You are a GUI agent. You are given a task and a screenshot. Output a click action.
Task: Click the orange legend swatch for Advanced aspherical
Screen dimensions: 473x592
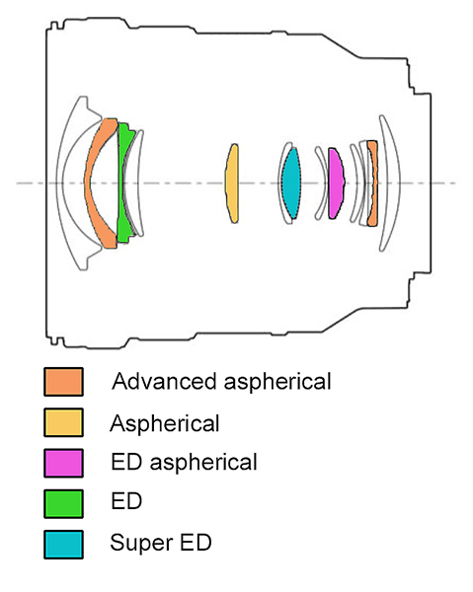(63, 382)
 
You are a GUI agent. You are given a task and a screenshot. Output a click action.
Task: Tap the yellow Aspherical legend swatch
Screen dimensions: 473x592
(63, 422)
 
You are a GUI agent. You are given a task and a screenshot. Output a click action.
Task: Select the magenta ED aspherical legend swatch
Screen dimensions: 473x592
(63, 463)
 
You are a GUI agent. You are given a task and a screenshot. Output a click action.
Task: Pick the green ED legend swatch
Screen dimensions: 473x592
(63, 503)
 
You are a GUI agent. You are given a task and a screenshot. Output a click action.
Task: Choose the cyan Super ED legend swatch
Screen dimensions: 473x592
(63, 545)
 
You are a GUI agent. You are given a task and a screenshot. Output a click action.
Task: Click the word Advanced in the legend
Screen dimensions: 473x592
(164, 381)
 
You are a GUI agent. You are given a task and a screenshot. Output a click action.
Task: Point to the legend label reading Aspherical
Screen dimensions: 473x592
(165, 423)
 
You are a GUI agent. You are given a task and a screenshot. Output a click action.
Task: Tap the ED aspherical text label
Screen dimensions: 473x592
(184, 462)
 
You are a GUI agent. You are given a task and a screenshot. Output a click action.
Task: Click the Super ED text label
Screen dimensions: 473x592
(161, 543)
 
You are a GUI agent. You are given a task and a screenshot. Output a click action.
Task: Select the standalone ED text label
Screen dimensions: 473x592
(126, 501)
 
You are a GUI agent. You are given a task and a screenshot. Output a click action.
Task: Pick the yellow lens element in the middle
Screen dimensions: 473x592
(232, 184)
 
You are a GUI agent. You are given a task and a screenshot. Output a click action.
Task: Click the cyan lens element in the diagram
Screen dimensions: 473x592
(291, 184)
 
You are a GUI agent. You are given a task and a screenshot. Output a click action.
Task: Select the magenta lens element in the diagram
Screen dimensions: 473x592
(336, 184)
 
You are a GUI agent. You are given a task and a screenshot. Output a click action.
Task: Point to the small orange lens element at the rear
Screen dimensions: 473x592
(372, 184)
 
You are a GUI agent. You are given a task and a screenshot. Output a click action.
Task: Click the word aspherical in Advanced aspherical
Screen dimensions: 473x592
(277, 382)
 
